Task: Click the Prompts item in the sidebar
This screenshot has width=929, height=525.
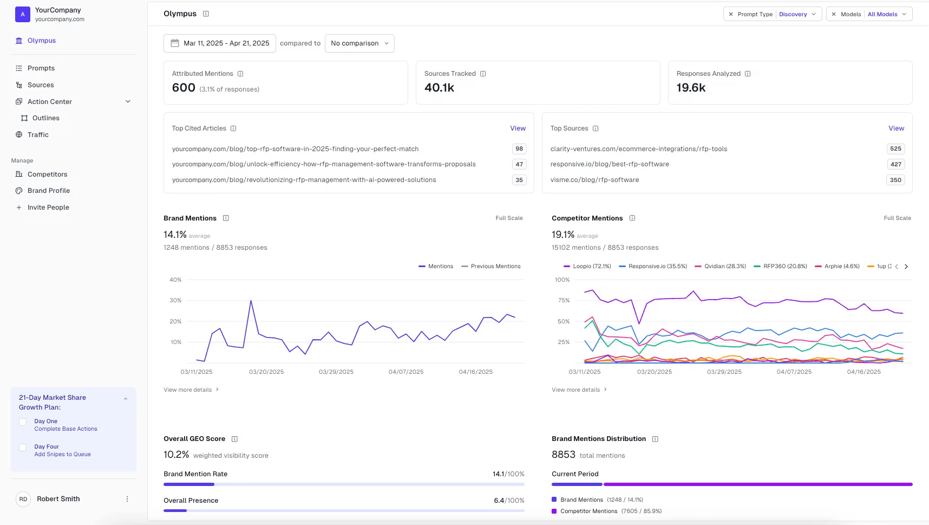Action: pyautogui.click(x=41, y=68)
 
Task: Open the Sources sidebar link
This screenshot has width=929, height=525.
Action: pyautogui.click(x=41, y=85)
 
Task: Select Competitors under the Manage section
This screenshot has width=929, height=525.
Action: pyautogui.click(x=47, y=174)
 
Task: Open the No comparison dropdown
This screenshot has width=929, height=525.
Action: pyautogui.click(x=359, y=43)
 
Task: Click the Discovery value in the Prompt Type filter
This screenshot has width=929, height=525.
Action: pyautogui.click(x=793, y=15)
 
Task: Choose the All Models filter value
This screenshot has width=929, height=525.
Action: pyautogui.click(x=882, y=15)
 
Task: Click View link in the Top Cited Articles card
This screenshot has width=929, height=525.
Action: pyautogui.click(x=518, y=128)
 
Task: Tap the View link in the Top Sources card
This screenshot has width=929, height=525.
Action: pyautogui.click(x=896, y=128)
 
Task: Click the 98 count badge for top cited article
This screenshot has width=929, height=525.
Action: pyautogui.click(x=519, y=149)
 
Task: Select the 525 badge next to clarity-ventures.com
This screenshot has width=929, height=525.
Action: pyautogui.click(x=895, y=149)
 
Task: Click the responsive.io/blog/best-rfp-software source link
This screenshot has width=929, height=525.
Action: pyautogui.click(x=610, y=164)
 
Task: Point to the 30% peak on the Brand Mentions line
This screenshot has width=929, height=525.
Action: pyautogui.click(x=251, y=301)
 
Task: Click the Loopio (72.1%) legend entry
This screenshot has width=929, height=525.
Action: pyautogui.click(x=587, y=267)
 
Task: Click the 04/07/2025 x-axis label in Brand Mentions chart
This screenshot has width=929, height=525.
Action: pyautogui.click(x=405, y=372)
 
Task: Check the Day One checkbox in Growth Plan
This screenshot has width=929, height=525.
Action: pyautogui.click(x=23, y=422)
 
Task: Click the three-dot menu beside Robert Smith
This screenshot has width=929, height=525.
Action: pyautogui.click(x=127, y=499)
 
